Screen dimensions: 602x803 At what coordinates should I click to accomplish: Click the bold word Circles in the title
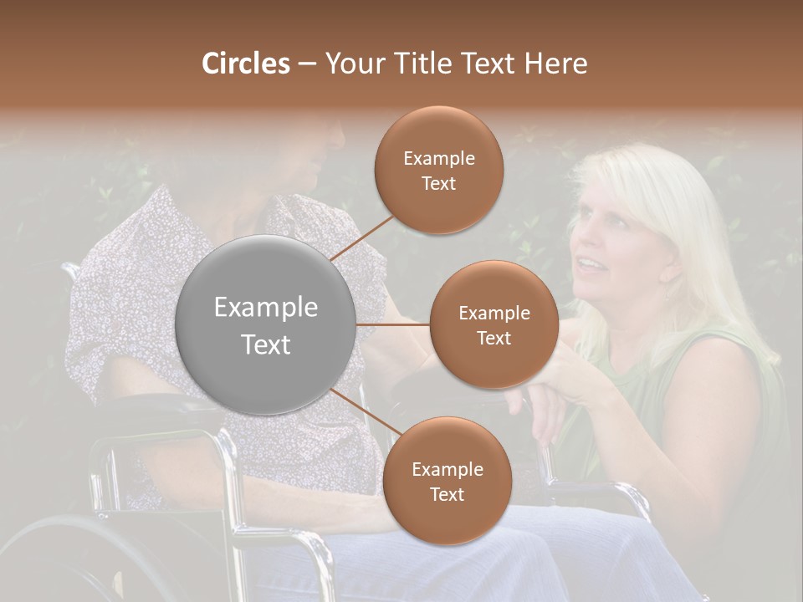coord(245,64)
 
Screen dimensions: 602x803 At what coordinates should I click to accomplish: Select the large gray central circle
coord(266,324)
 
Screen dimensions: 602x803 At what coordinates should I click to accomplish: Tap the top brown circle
coord(439,170)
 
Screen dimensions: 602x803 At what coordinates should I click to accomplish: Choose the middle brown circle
coord(494,324)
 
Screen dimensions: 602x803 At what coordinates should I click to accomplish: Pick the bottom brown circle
coord(447,481)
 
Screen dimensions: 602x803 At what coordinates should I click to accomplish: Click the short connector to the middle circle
coord(393,324)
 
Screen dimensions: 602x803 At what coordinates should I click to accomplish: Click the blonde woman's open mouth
coord(591,266)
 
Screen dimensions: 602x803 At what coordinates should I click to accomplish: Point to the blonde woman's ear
coord(670,273)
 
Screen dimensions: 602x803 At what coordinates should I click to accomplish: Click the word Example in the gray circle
coord(266,308)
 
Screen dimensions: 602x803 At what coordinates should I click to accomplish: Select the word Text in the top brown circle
coord(439,183)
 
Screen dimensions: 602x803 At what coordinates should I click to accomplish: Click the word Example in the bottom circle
coord(447,469)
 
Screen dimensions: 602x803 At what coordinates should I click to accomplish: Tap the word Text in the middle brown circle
coord(494,338)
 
